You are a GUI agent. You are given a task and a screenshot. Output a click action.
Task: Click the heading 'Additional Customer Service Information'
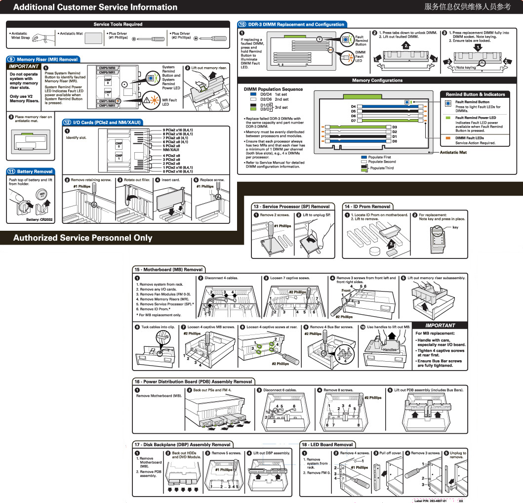95,7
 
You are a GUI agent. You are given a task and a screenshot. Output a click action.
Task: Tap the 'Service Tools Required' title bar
118,24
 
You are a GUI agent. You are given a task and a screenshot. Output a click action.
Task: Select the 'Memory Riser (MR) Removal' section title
47,59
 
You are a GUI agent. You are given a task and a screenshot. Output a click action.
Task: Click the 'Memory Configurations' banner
377,80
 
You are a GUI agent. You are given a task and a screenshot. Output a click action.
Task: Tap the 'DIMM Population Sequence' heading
273,89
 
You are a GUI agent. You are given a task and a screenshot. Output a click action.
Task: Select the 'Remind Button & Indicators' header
475,94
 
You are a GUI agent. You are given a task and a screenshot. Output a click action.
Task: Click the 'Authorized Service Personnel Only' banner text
83,238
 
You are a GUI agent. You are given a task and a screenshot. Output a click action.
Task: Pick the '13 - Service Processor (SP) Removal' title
291,207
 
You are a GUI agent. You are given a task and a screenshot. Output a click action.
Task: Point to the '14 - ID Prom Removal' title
367,207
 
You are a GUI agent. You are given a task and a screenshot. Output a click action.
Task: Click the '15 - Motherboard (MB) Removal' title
168,270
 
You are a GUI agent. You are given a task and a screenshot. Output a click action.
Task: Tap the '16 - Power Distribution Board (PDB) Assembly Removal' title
193,381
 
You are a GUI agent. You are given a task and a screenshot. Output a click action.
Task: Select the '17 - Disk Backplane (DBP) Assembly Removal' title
182,444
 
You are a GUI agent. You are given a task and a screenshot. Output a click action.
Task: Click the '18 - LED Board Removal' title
327,444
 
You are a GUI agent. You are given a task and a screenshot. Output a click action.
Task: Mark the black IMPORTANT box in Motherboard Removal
440,326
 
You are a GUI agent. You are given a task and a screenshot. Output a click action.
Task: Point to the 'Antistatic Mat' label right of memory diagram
453,152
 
